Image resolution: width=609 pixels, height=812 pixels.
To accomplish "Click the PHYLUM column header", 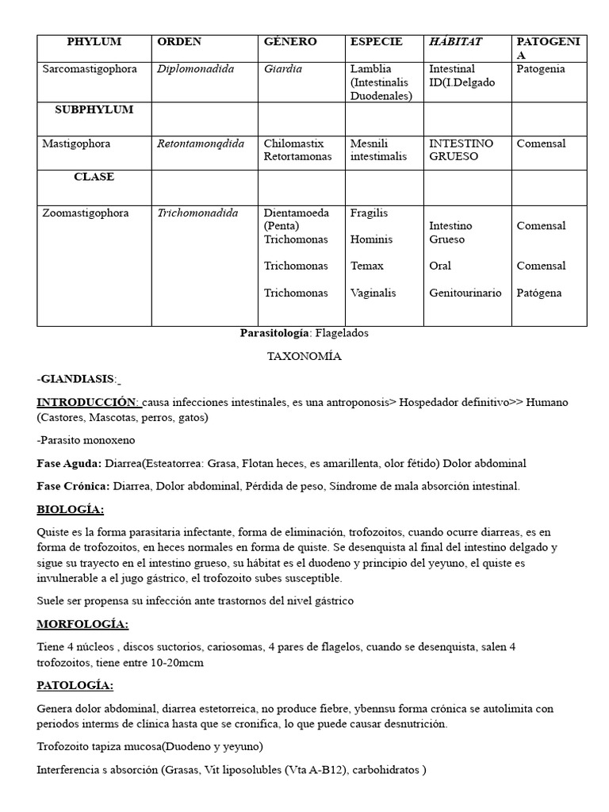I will point(94,42).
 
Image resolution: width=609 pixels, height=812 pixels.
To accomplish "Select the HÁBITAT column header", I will point(455,42).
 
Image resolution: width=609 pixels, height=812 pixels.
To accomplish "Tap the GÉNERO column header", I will point(290,42).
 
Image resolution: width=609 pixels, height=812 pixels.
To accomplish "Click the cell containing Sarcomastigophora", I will point(90,69).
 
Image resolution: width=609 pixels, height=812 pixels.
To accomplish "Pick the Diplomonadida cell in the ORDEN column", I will point(195,69).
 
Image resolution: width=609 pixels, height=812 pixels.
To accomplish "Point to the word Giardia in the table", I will point(283,69).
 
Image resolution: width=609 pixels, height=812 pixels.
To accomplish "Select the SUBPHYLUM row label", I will point(94,109).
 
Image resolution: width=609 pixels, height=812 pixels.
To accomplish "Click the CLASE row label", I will point(94,177).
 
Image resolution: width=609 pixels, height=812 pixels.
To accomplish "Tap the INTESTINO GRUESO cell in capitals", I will point(461,150).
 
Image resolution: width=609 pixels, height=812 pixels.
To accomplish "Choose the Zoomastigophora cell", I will point(87,213).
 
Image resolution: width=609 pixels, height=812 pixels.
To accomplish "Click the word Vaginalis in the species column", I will point(373,293).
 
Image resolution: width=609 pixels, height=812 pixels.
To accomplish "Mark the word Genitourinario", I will point(465,293).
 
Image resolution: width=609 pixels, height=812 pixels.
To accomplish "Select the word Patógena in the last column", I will point(539,293).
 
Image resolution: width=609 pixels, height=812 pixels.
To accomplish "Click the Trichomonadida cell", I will point(199,213).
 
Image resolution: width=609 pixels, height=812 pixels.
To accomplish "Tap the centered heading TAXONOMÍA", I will point(304,356).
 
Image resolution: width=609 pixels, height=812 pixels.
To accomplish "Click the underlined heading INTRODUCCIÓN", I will point(87,402).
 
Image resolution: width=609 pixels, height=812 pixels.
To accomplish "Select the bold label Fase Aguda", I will point(68,463).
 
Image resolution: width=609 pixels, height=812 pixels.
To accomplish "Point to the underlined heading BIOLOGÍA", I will point(71,509).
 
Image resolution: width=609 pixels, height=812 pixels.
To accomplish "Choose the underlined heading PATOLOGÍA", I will point(75,685).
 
